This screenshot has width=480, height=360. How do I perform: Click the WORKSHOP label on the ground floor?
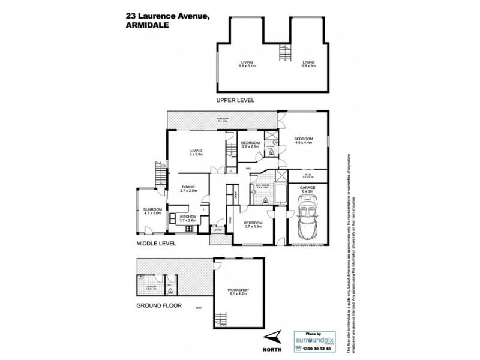[x=239, y=292]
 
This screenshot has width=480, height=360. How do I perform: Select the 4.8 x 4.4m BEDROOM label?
[x=303, y=140]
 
